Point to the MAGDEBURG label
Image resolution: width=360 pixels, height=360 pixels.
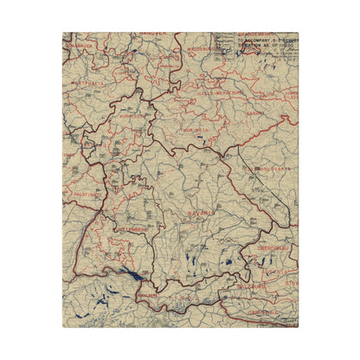pos(202,50)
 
